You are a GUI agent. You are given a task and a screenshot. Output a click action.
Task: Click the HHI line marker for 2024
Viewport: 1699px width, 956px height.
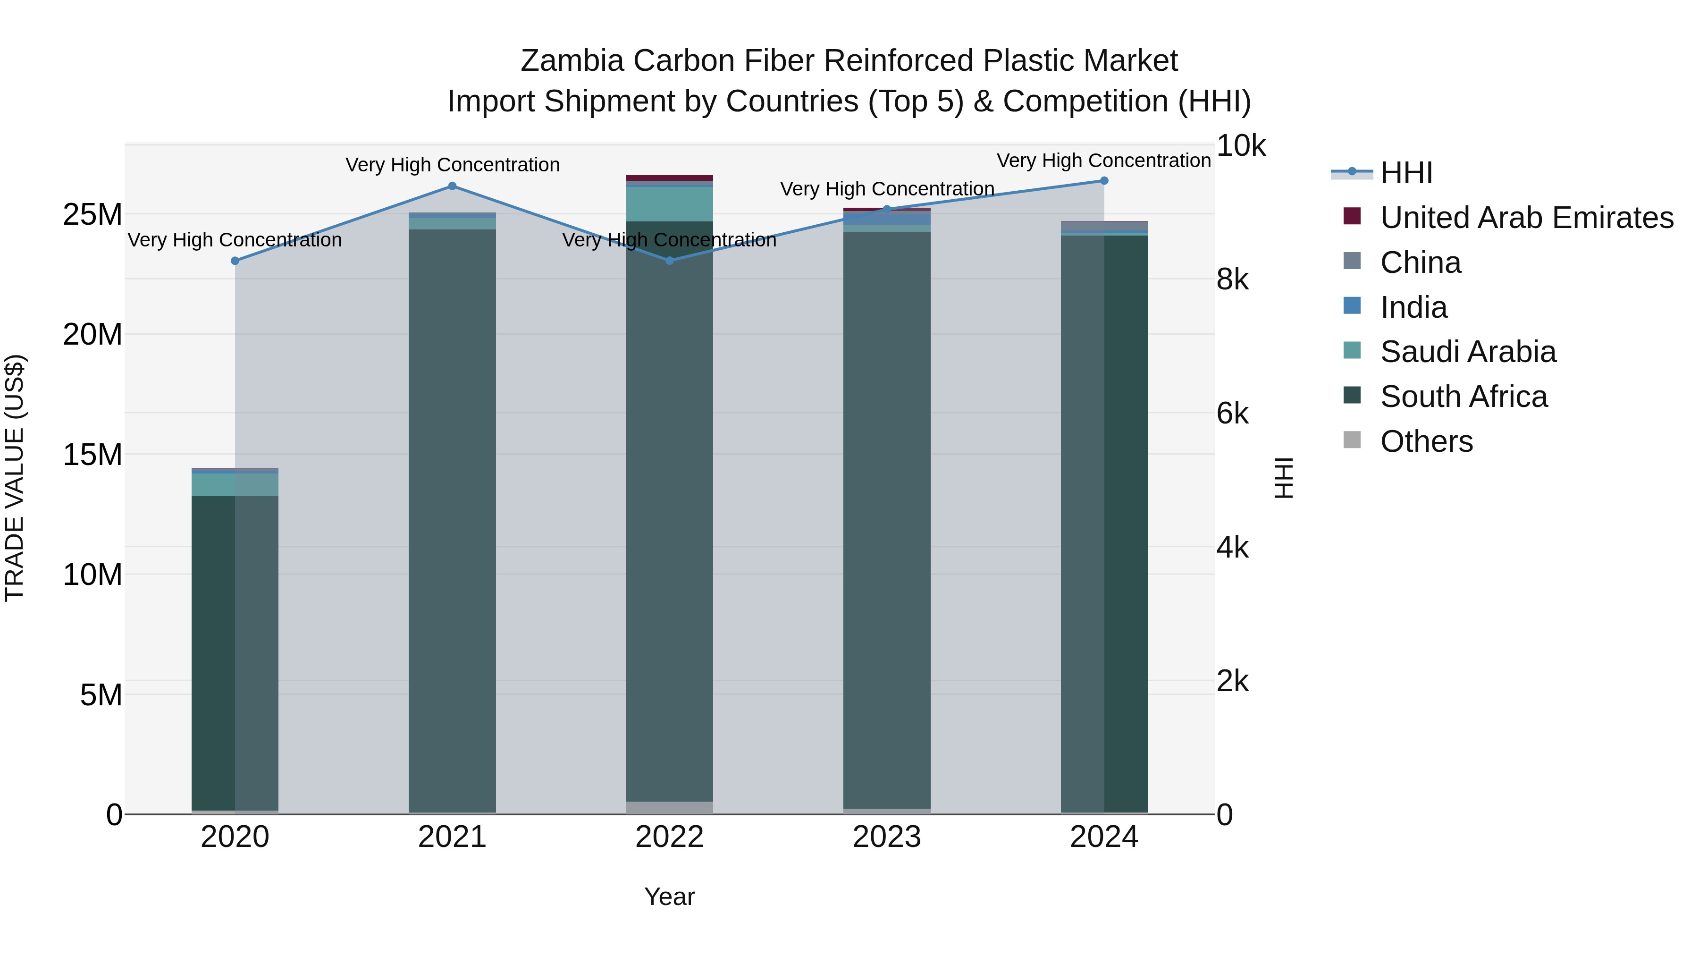point(1104,181)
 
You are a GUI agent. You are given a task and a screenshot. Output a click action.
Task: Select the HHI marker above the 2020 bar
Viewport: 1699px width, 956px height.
point(235,261)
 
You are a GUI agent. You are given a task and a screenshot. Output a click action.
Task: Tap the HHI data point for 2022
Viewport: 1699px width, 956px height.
point(669,261)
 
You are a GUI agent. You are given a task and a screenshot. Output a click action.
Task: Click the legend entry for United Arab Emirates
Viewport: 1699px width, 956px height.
point(1526,218)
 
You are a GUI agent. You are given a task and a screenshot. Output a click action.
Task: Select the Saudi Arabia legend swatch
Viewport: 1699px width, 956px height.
point(1352,351)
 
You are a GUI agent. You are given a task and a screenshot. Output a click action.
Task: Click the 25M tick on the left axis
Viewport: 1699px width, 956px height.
point(93,214)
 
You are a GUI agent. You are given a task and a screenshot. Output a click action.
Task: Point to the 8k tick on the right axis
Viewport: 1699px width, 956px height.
point(1232,280)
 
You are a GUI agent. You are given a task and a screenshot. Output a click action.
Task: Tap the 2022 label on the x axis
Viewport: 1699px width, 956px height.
point(669,837)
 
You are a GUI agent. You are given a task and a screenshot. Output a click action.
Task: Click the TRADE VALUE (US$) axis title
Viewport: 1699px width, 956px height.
point(15,478)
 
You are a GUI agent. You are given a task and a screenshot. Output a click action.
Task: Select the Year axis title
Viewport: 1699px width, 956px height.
point(669,897)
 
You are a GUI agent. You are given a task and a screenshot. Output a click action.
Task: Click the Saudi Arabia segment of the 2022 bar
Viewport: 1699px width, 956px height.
point(669,204)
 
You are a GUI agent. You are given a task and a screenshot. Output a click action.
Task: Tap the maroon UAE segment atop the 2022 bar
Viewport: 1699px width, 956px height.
point(669,178)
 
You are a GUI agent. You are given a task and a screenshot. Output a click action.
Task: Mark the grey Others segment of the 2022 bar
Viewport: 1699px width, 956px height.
point(669,808)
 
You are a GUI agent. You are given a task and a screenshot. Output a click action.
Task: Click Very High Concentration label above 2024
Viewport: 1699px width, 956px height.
point(1103,161)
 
